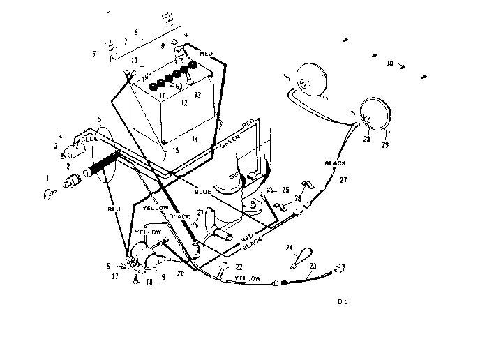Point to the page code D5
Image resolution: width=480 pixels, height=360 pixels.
[x=342, y=302]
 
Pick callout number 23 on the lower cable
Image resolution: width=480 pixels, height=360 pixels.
[x=313, y=265]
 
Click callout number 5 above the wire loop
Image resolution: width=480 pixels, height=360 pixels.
[x=100, y=119]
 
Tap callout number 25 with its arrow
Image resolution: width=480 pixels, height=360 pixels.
[x=285, y=190]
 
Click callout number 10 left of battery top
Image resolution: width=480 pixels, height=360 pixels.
[x=134, y=61]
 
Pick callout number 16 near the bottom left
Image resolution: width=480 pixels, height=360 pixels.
[x=107, y=266]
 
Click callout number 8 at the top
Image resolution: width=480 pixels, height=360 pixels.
[x=135, y=32]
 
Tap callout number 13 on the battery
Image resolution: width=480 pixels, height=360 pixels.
[x=197, y=94]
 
